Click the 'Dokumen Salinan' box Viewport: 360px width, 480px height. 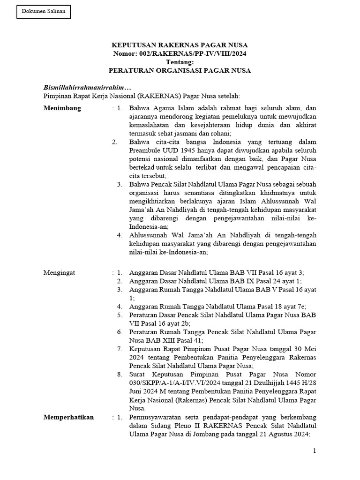click(x=44, y=11)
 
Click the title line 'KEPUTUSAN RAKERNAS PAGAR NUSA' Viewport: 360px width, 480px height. click(x=180, y=45)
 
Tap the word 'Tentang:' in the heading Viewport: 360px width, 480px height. click(x=180, y=62)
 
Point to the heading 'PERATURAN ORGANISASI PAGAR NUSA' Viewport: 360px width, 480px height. click(x=180, y=71)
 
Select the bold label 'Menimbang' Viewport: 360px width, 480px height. click(x=62, y=108)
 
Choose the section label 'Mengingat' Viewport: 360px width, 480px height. click(x=59, y=272)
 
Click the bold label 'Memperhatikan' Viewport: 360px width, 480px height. click(x=68, y=417)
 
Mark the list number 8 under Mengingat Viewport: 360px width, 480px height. click(x=120, y=375)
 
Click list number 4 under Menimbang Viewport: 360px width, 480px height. click(x=120, y=235)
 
